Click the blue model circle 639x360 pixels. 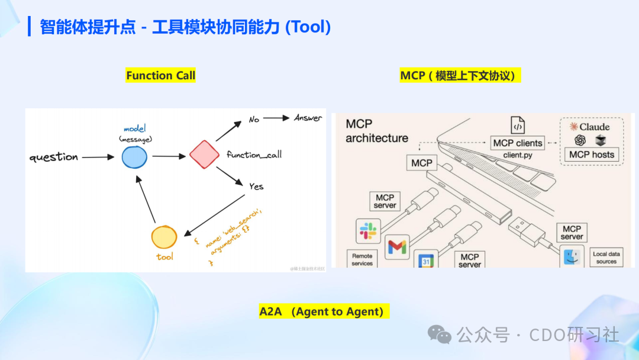pyautogui.click(x=134, y=157)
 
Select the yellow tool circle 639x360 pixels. pyautogui.click(x=164, y=237)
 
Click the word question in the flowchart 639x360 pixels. pyautogui.click(x=53, y=157)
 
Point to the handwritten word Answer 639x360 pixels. pyautogui.click(x=308, y=118)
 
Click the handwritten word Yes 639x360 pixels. pyautogui.click(x=256, y=186)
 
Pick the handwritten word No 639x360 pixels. pyautogui.click(x=254, y=120)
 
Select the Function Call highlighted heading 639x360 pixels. pyautogui.click(x=160, y=76)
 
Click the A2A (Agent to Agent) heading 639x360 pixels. pyautogui.click(x=324, y=311)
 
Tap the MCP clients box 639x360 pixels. pyautogui.click(x=517, y=143)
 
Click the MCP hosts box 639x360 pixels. pyautogui.click(x=592, y=155)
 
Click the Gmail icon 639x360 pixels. pyautogui.click(x=397, y=247)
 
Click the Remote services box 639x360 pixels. pyautogui.click(x=362, y=259)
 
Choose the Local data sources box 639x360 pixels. pyautogui.click(x=606, y=258)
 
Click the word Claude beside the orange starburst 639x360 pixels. pyautogui.click(x=594, y=127)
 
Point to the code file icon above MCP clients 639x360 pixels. pyautogui.click(x=518, y=126)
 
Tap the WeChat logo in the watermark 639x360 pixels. pyautogui.click(x=440, y=335)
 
